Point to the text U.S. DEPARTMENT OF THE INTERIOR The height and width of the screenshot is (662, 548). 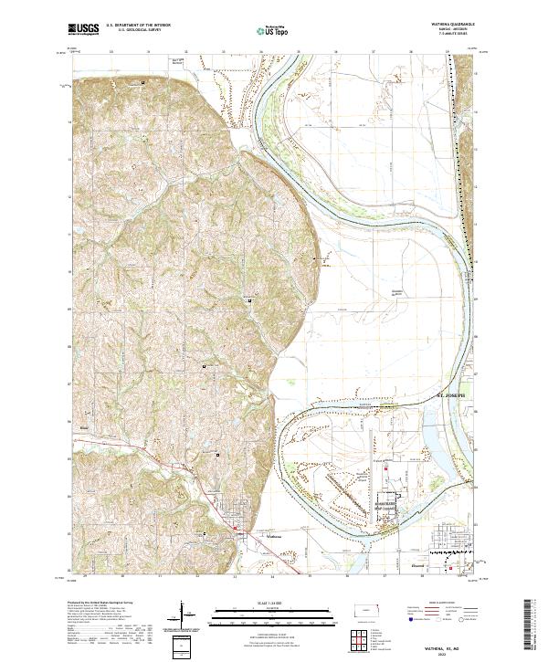(x=136, y=26)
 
